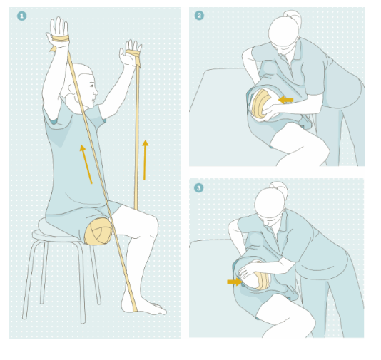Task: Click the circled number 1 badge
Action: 22,16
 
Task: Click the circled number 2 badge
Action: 199,16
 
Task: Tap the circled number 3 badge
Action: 199,188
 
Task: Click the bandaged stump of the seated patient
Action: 98,231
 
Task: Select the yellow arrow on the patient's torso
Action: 86,165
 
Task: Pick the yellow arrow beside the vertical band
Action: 145,160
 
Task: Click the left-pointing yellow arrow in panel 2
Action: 285,100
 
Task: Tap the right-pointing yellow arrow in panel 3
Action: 235,282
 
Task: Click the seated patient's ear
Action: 72,89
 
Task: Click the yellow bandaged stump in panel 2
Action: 260,104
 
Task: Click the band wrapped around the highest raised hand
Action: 61,38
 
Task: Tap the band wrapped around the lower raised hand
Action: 133,56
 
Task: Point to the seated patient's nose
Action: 96,92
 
